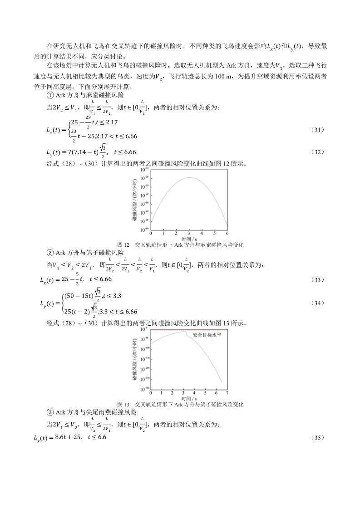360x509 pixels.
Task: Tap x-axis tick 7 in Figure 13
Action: (x=227, y=392)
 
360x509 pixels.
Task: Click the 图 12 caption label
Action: (x=123, y=245)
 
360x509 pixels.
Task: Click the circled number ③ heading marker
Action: (x=50, y=412)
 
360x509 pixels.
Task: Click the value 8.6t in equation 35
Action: (x=60, y=438)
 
